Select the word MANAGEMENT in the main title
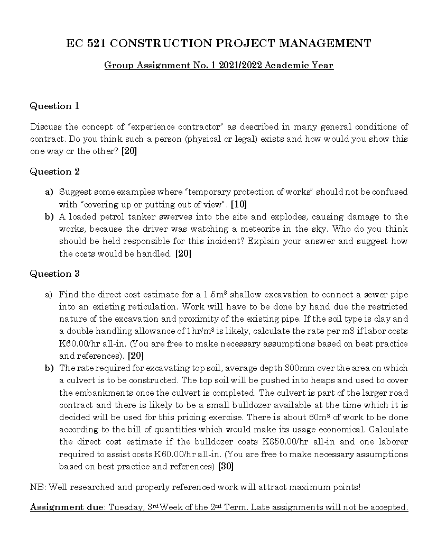[325, 43]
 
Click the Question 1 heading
[54, 106]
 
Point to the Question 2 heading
[54, 171]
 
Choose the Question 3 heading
[54, 274]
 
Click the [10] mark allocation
[239, 204]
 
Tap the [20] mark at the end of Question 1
[129, 151]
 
